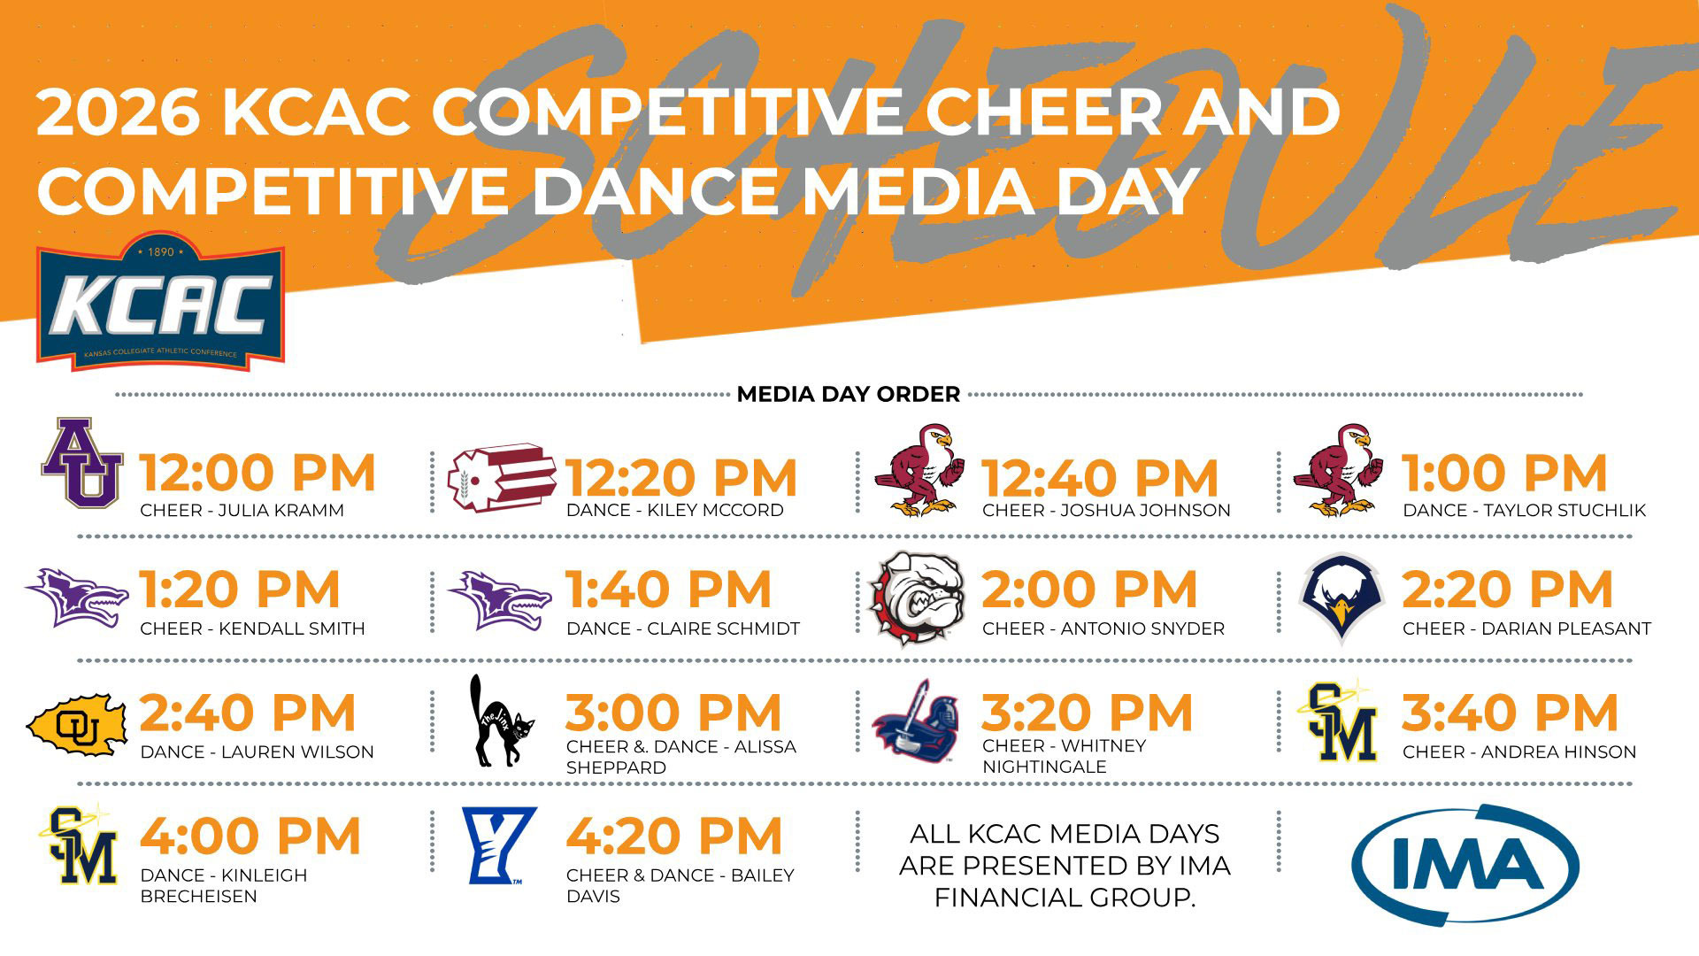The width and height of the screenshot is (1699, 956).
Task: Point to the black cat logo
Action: coord(501,721)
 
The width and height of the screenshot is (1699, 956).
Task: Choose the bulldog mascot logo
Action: coord(914,597)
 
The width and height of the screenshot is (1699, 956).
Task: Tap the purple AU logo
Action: coord(81,462)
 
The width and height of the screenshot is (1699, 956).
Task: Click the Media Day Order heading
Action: coord(848,395)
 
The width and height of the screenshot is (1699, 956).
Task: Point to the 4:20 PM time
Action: coord(674,836)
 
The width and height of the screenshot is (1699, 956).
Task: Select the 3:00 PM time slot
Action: coord(673,713)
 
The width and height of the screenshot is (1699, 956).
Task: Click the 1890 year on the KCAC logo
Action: coord(161,252)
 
